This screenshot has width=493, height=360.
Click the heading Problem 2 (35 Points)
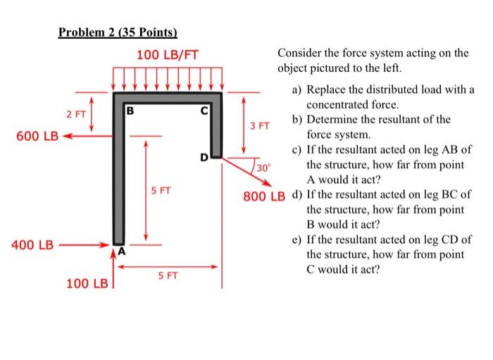118,32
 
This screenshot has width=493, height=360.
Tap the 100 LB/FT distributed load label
167,54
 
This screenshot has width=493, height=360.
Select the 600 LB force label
24,135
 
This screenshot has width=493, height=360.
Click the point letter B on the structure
130,110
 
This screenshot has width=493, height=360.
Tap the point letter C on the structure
204,110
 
